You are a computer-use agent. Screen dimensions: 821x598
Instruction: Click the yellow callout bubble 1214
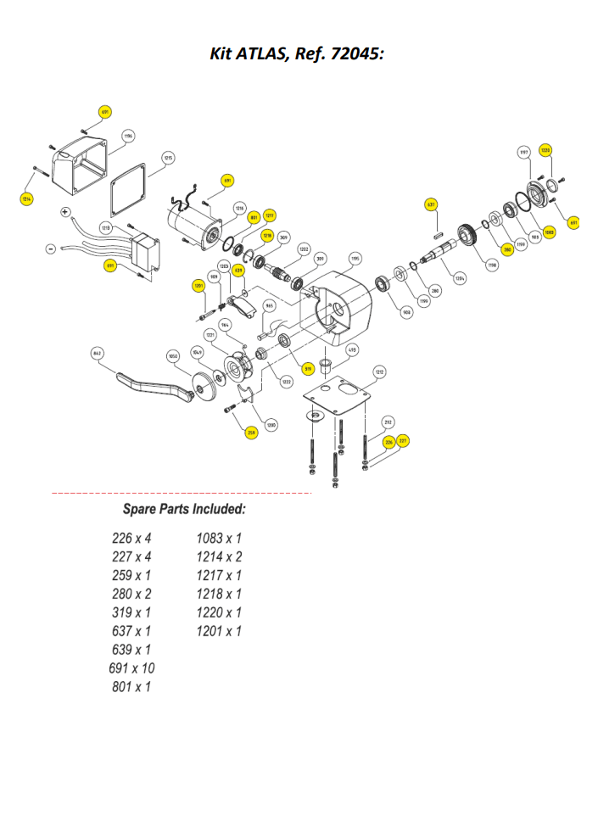tap(27, 198)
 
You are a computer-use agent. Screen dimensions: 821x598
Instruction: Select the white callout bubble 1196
tap(128, 136)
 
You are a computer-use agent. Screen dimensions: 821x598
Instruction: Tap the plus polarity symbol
tap(65, 211)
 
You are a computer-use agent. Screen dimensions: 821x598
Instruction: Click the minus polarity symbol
tap(51, 249)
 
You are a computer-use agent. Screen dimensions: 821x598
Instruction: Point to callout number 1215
tap(169, 158)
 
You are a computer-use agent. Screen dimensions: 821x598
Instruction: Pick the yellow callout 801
tap(253, 217)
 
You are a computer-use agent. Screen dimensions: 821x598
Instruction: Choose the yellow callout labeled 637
tap(431, 204)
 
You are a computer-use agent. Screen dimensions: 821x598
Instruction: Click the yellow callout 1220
tap(546, 150)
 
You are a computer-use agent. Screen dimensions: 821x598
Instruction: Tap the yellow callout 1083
tap(550, 231)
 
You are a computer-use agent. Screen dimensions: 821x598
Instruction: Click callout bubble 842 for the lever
tap(98, 352)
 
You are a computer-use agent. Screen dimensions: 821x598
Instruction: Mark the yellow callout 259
tap(251, 433)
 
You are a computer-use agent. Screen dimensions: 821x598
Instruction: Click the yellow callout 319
tap(308, 368)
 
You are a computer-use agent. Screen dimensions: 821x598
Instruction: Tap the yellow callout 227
tap(403, 440)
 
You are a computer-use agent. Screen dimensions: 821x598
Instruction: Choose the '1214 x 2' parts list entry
tap(219, 556)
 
